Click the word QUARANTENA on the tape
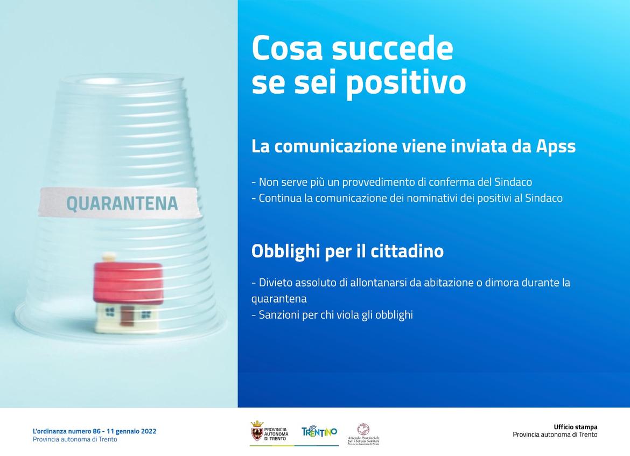tap(122, 203)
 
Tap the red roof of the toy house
tap(128, 283)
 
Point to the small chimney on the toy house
tap(108, 257)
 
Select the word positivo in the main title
tap(406, 83)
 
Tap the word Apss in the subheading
tap(556, 146)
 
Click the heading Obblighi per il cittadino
tap(347, 251)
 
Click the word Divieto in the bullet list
tap(275, 283)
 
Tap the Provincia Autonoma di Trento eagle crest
tap(257, 431)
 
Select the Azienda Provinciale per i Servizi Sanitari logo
tap(363, 434)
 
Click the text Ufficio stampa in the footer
tap(576, 427)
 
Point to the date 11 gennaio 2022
tap(132, 431)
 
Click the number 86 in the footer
tap(96, 431)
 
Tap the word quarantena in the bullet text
tap(279, 299)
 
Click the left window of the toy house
tap(110, 312)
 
